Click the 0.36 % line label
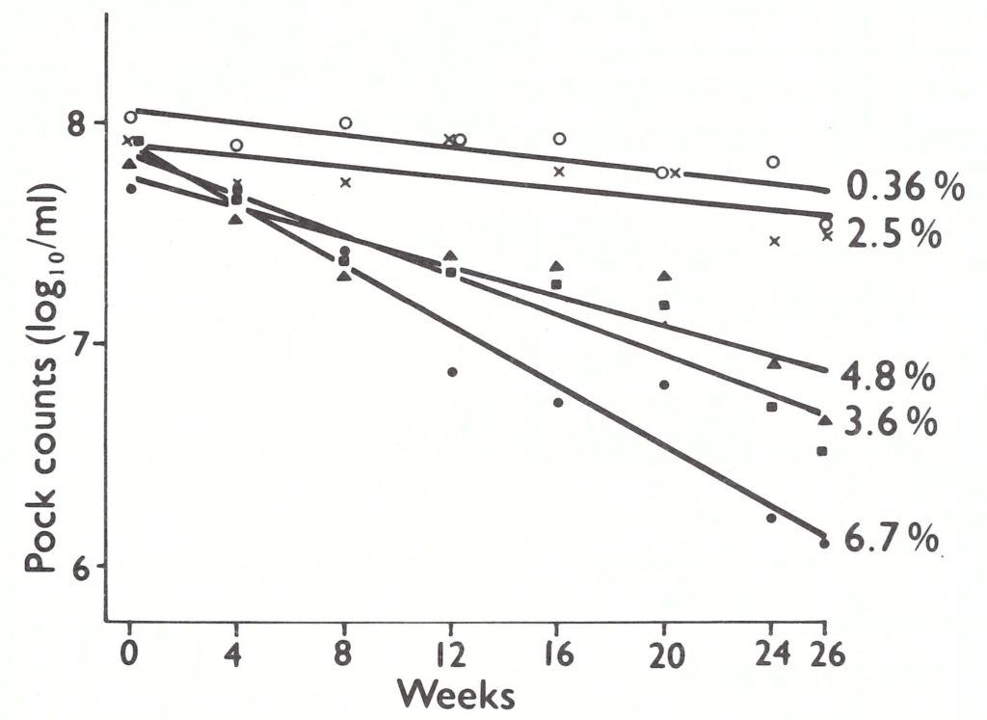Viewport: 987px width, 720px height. click(904, 186)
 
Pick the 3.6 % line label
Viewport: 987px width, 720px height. click(889, 422)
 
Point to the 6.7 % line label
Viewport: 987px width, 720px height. click(892, 539)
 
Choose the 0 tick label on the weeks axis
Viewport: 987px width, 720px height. click(130, 656)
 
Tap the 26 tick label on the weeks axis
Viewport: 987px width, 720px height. click(825, 656)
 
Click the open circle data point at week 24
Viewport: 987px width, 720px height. click(773, 162)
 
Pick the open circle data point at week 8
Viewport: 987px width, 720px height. click(345, 123)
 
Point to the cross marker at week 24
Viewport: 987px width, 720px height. click(774, 241)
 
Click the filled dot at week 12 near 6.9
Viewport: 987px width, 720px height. click(451, 372)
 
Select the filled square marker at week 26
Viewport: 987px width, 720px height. click(821, 451)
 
